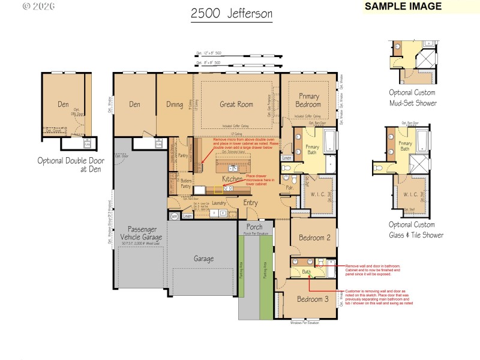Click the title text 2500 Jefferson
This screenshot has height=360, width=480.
click(232, 13)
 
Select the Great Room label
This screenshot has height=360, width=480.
click(236, 104)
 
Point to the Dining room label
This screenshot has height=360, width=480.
click(175, 104)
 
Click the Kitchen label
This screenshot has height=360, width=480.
click(233, 179)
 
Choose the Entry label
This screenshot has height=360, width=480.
click(251, 202)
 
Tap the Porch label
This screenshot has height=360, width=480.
click(254, 227)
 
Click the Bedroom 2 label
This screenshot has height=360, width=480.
click(312, 238)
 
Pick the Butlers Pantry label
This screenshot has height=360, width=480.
click(186, 183)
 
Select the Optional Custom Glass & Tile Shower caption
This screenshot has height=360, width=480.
click(416, 230)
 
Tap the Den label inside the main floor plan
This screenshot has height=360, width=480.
click(134, 104)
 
